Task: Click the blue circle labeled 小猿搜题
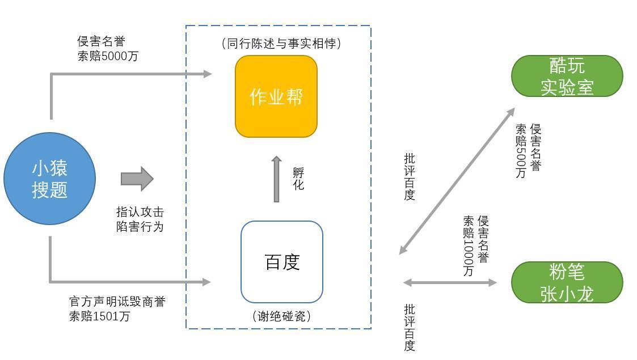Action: coord(49,179)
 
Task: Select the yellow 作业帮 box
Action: coord(276,96)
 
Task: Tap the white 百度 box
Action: coord(282,262)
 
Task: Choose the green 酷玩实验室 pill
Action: coord(567,76)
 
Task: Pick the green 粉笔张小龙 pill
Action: coord(567,282)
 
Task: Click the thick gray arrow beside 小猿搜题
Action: coord(137,179)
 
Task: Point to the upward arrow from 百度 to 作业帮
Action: coord(277,179)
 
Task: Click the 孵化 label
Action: coord(298,179)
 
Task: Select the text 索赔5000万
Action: coord(108,56)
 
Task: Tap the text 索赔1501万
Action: coord(99,316)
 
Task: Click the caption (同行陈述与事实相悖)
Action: coord(282,43)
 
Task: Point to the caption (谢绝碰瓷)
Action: coord(281,316)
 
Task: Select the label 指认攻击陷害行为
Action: coord(140,219)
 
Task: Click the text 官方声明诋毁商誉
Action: coord(117,302)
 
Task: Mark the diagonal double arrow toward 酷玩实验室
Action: coord(457,181)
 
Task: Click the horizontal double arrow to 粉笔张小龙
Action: coord(450,282)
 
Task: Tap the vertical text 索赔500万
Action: coord(521,151)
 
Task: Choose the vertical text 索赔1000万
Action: coord(469,246)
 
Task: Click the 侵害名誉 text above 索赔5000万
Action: coord(101,41)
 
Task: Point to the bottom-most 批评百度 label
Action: coord(410,328)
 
